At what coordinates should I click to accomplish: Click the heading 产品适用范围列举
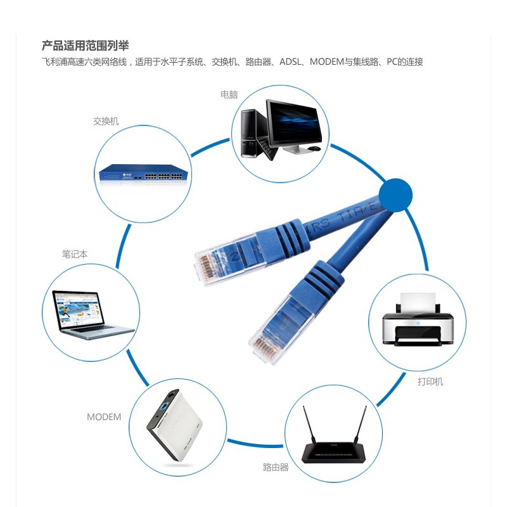point(86,46)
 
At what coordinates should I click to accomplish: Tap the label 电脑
point(229,94)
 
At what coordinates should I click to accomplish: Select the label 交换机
point(106,121)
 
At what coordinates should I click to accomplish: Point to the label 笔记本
point(75,254)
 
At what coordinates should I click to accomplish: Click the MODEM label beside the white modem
point(104,417)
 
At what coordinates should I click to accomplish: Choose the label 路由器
point(276,467)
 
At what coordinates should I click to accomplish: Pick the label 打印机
point(430,382)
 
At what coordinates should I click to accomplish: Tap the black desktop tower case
point(253,133)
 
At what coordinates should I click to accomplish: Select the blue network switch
point(144,175)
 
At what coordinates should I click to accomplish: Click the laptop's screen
point(77,309)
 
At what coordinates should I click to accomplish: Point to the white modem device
point(175,425)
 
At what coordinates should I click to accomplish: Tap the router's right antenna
point(361,424)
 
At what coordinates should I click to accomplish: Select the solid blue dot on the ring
point(395,195)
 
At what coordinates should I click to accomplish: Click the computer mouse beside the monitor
point(314,148)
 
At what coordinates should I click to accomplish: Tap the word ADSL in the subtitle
point(290,61)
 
